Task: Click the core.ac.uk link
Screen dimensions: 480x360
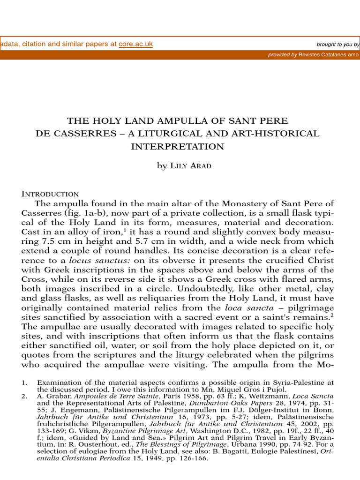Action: [x=135, y=44]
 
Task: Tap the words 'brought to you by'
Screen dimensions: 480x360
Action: [x=337, y=45]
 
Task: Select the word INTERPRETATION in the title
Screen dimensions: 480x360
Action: [x=177, y=146]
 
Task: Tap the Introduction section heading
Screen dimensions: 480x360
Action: [x=50, y=194]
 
